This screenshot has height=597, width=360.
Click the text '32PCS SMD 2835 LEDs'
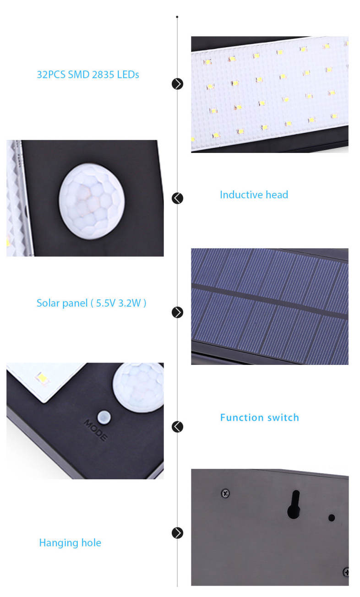coord(88,75)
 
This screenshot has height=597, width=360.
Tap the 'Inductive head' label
coord(254,195)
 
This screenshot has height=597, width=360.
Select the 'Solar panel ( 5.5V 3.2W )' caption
coord(91,303)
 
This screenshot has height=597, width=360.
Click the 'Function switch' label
coord(260,418)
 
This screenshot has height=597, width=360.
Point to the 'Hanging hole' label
coord(70,543)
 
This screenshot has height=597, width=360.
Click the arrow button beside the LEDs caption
coord(177,84)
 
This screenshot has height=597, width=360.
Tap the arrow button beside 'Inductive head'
coord(177,198)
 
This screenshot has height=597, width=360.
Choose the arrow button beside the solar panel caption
coord(177,312)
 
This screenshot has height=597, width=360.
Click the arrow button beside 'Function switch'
coord(177,427)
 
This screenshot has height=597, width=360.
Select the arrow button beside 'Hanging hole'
coord(177,533)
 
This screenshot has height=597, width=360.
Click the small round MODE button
coord(104,417)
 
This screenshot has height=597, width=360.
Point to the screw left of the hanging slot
coord(225,494)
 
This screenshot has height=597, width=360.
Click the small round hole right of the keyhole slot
coord(332,518)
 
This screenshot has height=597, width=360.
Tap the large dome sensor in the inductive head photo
coord(92,201)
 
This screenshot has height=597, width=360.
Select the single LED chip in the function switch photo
coord(42,378)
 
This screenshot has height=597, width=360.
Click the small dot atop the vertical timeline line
coord(177,17)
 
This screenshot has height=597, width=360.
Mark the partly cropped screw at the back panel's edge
coord(346,572)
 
